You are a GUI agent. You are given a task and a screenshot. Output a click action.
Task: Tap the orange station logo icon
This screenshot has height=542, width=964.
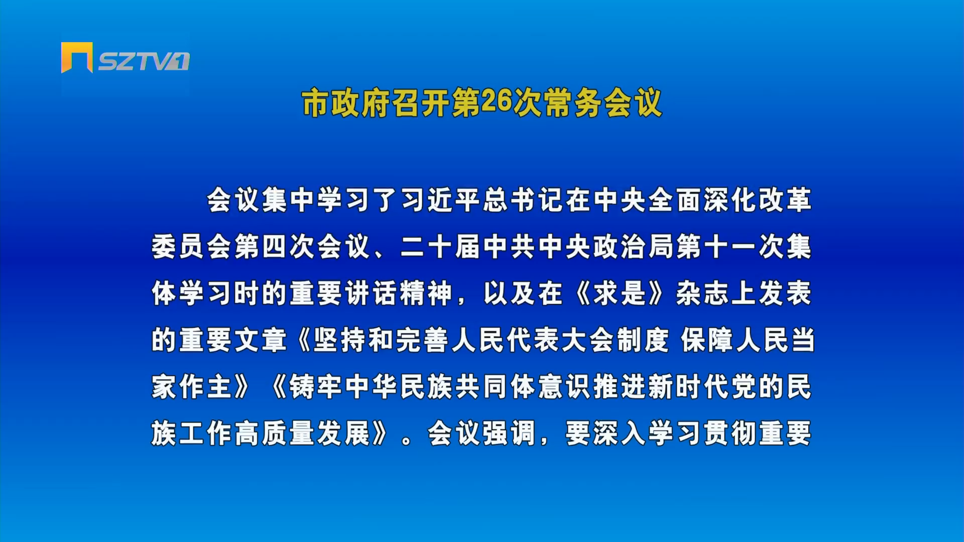(77, 57)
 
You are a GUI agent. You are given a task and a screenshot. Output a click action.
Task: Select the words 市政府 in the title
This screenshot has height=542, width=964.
(346, 103)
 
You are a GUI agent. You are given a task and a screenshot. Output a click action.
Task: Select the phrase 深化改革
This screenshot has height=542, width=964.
(757, 200)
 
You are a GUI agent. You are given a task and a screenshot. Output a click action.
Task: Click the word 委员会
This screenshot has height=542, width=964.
(192, 246)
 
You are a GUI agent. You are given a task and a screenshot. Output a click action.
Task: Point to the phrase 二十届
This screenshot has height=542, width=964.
(440, 246)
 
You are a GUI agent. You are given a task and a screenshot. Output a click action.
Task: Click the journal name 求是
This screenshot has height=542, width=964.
(619, 293)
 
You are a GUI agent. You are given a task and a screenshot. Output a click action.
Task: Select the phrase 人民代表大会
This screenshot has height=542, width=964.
(533, 340)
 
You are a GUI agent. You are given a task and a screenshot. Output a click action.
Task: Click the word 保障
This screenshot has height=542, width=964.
(707, 340)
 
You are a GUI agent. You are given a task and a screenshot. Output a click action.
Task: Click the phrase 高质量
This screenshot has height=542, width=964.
(274, 433)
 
